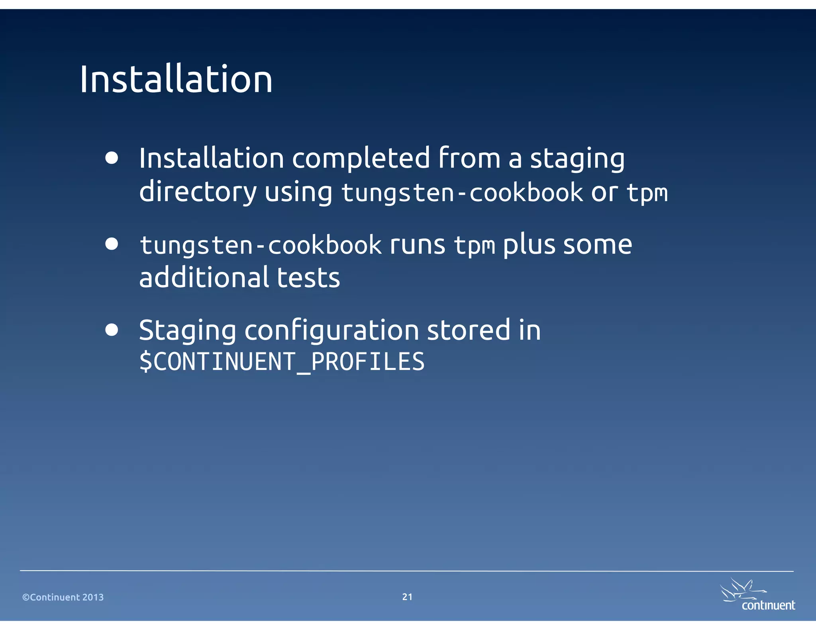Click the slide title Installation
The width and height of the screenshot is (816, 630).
click(176, 80)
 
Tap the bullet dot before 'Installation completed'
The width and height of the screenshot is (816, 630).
click(112, 158)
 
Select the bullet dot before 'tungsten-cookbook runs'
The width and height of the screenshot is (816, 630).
click(112, 244)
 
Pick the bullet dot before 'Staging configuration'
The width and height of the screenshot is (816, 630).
click(112, 330)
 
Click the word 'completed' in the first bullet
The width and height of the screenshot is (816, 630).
click(361, 158)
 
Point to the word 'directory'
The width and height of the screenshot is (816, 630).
click(198, 192)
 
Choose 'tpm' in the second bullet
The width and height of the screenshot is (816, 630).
click(475, 245)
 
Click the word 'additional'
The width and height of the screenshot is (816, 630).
click(204, 278)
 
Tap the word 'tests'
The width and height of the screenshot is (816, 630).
click(308, 278)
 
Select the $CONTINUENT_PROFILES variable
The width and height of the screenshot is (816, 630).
click(282, 362)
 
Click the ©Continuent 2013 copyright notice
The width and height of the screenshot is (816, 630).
click(63, 597)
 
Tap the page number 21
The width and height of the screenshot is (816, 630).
click(407, 597)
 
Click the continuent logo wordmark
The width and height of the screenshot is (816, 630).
click(768, 606)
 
